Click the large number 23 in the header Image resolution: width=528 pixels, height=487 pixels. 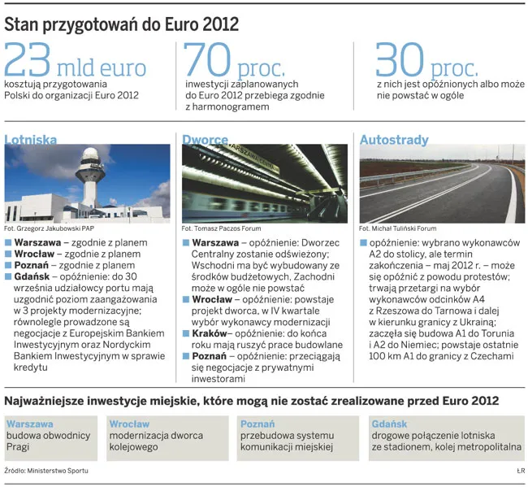(29, 61)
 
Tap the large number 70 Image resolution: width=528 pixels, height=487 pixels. (207, 61)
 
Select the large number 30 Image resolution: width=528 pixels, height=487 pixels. (400, 61)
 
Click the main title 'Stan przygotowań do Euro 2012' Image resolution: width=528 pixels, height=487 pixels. (122, 24)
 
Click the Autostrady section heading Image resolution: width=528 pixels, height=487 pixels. (394, 140)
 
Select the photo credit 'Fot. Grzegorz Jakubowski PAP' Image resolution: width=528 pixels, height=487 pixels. (50, 229)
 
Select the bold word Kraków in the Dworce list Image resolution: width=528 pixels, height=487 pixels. (210, 333)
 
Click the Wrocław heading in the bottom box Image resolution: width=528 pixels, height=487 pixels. (129, 424)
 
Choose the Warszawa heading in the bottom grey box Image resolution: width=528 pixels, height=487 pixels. (30, 424)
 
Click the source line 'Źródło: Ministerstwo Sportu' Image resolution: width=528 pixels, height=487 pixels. (45, 471)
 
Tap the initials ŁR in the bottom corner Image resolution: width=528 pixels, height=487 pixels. (520, 471)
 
